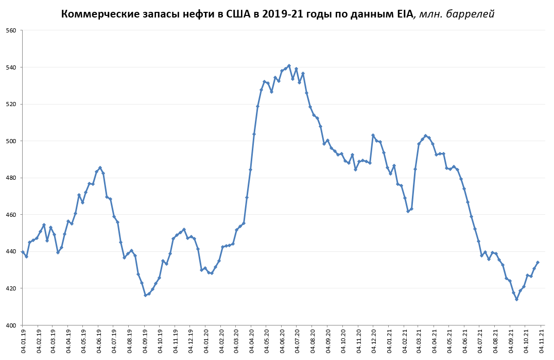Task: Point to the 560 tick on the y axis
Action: click(x=11, y=30)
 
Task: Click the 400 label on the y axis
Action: click(x=11, y=325)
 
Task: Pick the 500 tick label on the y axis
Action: click(x=11, y=141)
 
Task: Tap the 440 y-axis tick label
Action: click(x=11, y=251)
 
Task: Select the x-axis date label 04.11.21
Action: click(x=542, y=341)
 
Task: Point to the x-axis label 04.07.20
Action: click(x=299, y=341)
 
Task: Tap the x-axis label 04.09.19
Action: click(x=146, y=341)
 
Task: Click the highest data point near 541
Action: click(x=289, y=66)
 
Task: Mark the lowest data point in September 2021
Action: click(x=516, y=299)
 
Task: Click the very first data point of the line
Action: click(x=23, y=252)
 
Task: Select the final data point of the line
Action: click(x=538, y=262)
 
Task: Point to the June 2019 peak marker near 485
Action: click(x=100, y=168)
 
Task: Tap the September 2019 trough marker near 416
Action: click(x=145, y=295)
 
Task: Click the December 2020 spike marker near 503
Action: click(x=373, y=135)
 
